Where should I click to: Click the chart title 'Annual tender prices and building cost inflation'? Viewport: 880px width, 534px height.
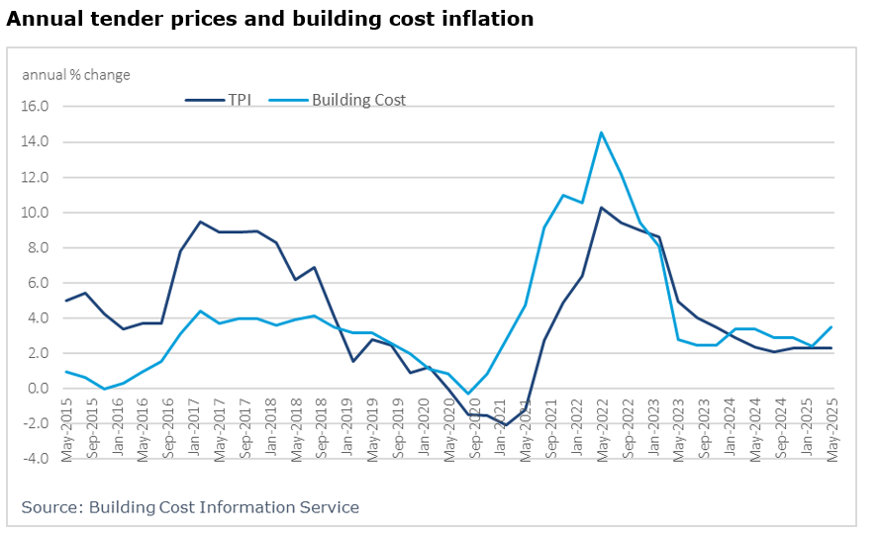click(270, 19)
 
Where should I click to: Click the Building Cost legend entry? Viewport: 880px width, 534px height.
click(358, 99)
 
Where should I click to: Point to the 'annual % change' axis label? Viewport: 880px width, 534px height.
click(76, 75)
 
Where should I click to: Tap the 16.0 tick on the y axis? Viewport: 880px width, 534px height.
click(36, 107)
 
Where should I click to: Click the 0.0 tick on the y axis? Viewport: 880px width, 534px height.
click(39, 389)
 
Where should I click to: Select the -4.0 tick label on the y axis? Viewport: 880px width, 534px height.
click(36, 459)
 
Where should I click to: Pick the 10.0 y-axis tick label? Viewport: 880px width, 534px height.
click(36, 213)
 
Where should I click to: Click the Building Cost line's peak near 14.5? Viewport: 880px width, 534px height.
click(601, 133)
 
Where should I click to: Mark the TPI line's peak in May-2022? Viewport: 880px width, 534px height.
click(601, 208)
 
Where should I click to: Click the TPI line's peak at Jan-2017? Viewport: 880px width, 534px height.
click(200, 222)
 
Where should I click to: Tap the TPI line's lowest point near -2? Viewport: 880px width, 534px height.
click(505, 425)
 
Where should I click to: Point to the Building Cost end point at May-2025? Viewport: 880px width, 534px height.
click(831, 327)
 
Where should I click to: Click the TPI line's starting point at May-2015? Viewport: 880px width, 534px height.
click(66, 301)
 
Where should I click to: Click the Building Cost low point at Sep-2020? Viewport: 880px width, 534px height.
click(468, 394)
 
